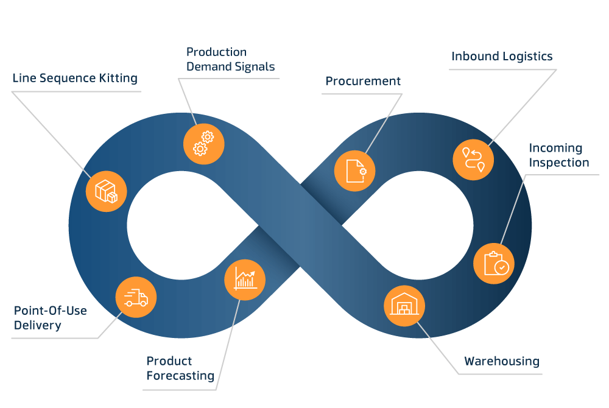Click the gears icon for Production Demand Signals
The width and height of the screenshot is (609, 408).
click(204, 144)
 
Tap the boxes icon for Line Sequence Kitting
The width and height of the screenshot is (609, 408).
click(107, 191)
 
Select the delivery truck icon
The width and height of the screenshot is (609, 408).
click(136, 297)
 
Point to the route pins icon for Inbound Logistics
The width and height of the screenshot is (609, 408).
click(473, 159)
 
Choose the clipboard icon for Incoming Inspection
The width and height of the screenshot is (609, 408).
click(494, 264)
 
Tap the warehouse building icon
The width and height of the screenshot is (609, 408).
click(404, 306)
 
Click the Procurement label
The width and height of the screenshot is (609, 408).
click(363, 81)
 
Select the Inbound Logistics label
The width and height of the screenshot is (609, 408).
click(502, 57)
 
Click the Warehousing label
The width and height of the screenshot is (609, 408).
click(501, 361)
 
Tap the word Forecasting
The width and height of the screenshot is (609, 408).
click(180, 376)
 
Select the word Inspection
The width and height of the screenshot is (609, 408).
click(558, 163)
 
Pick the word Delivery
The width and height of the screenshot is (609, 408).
click(38, 325)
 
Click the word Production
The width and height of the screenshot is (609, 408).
click(216, 52)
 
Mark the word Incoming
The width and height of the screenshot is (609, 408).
click(555, 148)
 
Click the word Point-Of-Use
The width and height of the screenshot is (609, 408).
click(51, 311)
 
